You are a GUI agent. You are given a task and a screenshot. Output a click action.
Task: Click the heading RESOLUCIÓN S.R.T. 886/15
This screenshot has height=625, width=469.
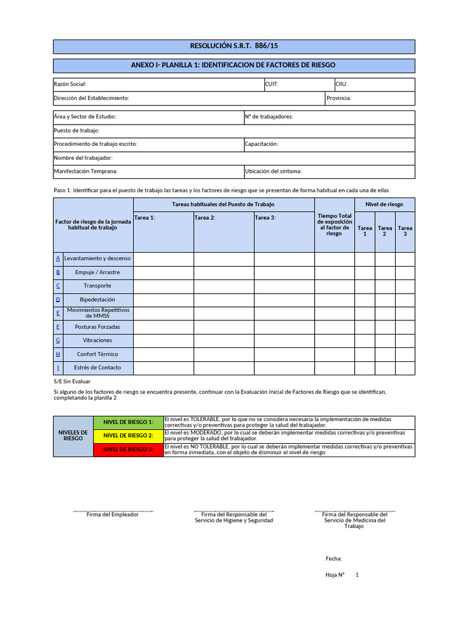234,46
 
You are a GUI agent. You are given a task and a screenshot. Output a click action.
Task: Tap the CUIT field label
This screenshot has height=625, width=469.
272,85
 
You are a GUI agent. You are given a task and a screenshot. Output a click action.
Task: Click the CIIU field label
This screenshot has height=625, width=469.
341,85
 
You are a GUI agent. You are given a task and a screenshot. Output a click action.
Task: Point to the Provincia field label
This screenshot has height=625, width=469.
339,98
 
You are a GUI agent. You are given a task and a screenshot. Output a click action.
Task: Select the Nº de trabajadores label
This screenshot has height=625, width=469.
269,117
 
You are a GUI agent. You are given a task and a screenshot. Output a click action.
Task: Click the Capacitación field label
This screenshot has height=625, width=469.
261,144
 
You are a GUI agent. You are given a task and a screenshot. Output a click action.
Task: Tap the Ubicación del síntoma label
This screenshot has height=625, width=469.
273,172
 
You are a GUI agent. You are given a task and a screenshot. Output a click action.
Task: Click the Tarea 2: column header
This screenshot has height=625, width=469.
205,218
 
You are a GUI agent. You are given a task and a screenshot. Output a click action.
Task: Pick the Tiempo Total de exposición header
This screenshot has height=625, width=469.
334,225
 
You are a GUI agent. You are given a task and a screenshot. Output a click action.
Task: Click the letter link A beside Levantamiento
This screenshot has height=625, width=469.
58,259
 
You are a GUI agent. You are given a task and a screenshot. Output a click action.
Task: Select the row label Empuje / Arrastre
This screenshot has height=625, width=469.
98,272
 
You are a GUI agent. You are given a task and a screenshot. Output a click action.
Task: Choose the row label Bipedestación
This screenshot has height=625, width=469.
98,300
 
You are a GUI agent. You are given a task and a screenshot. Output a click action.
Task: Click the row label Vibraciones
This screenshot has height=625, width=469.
98,341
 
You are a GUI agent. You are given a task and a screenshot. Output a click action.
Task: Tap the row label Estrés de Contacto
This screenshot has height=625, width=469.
98,367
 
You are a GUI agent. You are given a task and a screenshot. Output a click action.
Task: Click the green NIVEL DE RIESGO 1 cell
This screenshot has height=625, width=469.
128,422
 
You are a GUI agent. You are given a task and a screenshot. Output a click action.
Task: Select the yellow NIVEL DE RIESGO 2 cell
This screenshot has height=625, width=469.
128,436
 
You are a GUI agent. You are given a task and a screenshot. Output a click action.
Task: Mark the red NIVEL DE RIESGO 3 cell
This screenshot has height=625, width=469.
128,450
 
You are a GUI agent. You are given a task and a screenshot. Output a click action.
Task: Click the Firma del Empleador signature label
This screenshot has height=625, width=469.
112,515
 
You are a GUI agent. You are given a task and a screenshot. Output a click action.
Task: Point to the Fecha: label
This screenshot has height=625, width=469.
333,558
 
